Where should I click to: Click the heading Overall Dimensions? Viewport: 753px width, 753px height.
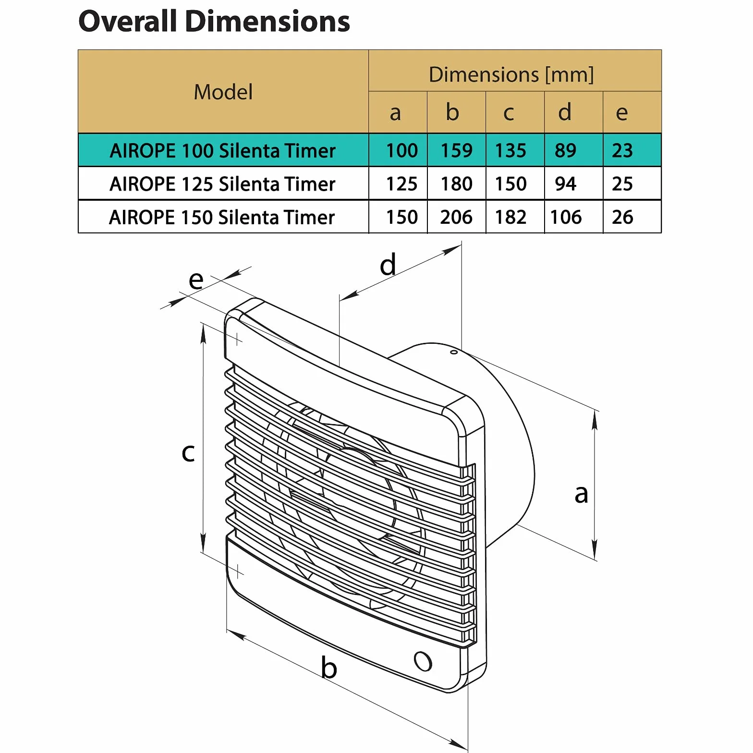click(x=214, y=22)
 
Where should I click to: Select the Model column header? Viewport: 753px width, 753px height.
click(x=223, y=92)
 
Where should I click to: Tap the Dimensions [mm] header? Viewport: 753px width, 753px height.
click(x=511, y=74)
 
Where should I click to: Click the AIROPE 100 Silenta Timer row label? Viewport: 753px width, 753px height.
click(x=222, y=151)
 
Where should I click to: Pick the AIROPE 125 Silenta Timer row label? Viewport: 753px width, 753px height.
click(x=222, y=184)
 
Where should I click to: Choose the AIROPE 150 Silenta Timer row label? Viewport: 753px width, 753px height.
click(x=222, y=218)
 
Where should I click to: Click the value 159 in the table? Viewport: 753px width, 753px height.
click(x=457, y=151)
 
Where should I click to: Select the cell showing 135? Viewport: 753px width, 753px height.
click(x=510, y=151)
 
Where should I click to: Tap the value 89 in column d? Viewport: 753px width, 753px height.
click(x=565, y=151)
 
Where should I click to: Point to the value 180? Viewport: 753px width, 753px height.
click(x=457, y=184)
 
